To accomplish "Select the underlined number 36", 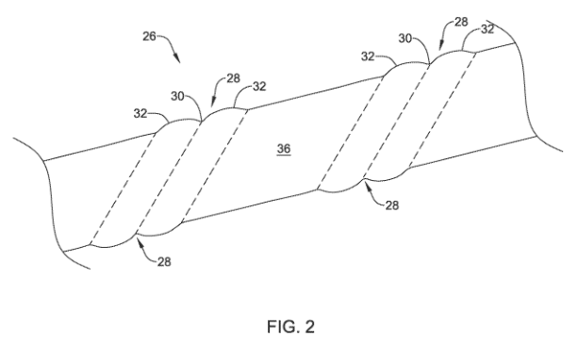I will [x=283, y=148].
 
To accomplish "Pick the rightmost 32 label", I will [x=487, y=29].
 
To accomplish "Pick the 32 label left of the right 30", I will [x=368, y=56].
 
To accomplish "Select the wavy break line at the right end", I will [x=530, y=104].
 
